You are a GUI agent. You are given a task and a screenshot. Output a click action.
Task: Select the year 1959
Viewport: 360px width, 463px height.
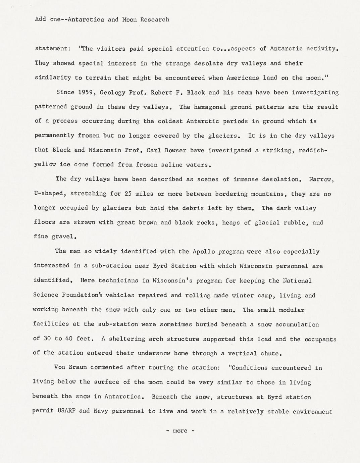coord(85,92)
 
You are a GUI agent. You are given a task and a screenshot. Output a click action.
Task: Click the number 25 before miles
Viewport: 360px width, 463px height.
coord(128,194)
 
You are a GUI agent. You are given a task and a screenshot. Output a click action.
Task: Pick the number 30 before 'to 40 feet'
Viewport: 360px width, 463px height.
coord(47,339)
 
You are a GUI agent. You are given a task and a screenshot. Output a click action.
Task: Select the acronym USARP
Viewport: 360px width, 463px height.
coord(66,411)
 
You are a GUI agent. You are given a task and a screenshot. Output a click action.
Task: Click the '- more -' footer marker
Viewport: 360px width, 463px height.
coord(180,431)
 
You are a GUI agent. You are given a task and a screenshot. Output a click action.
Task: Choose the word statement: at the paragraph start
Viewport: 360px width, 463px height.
coord(53,49)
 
